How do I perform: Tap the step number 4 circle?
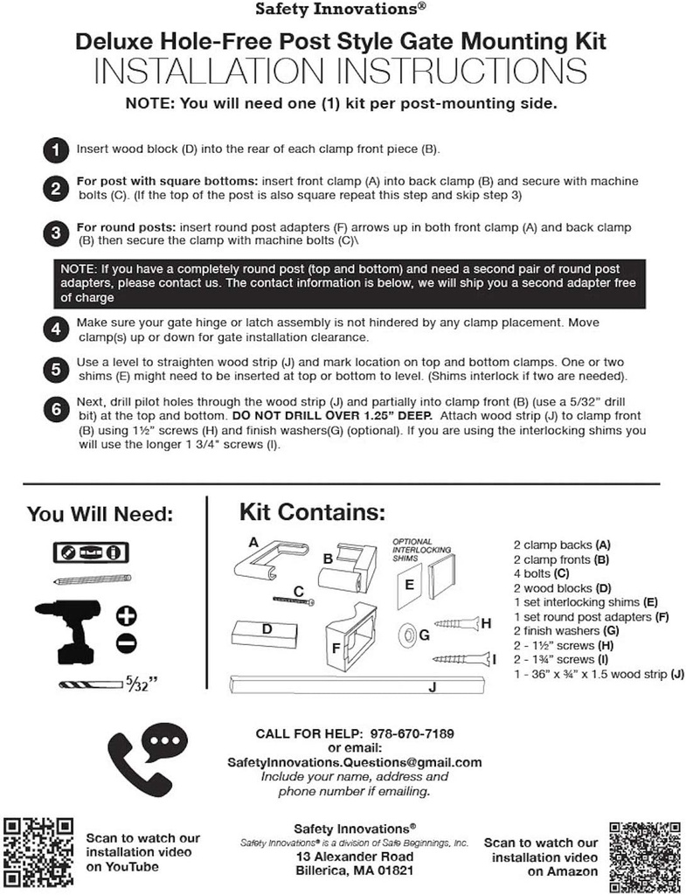(x=56, y=329)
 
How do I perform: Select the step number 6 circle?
(x=56, y=408)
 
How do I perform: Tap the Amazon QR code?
(x=645, y=849)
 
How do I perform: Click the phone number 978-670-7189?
(x=412, y=732)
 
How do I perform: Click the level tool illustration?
(x=91, y=552)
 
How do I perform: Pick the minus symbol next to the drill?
(x=126, y=643)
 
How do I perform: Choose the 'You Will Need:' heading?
(x=100, y=514)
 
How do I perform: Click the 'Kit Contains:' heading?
(x=312, y=510)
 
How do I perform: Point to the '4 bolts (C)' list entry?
(x=541, y=573)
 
